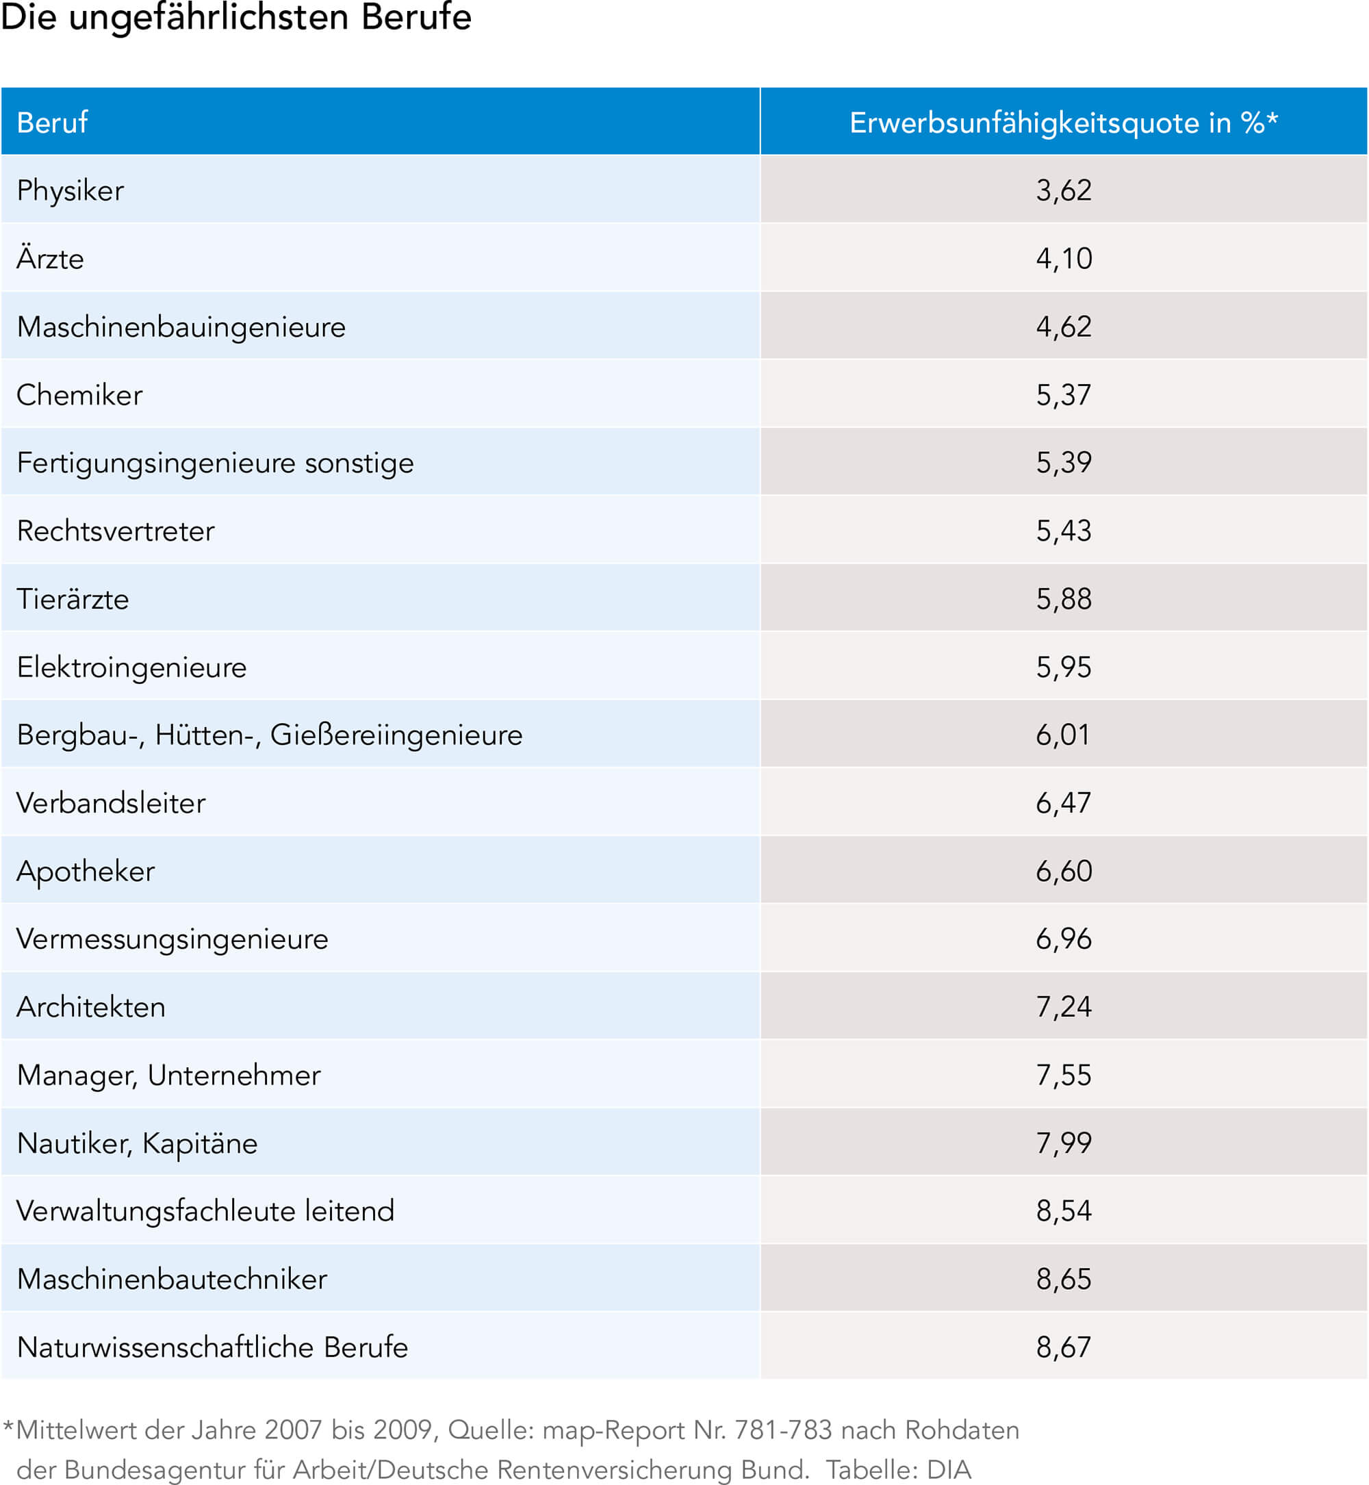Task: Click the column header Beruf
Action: click(x=52, y=123)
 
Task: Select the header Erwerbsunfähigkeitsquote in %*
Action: click(x=1064, y=123)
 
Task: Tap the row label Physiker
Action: click(x=71, y=191)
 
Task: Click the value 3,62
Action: click(x=1064, y=191)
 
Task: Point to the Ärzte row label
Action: click(x=51, y=257)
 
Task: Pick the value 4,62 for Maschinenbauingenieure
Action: click(x=1064, y=327)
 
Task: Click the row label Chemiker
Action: click(x=79, y=395)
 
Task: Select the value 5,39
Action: click(x=1064, y=463)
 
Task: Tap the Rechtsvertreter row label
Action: click(x=116, y=531)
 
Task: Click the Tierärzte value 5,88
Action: click(x=1064, y=600)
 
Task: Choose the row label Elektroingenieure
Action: click(x=132, y=668)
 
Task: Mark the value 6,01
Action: click(x=1063, y=735)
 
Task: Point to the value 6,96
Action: click(x=1064, y=939)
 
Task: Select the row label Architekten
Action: click(x=91, y=1008)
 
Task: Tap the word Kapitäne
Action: click(x=200, y=1144)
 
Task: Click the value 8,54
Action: click(x=1064, y=1212)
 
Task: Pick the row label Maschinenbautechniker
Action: click(x=172, y=1280)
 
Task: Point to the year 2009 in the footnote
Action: click(x=403, y=1430)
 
